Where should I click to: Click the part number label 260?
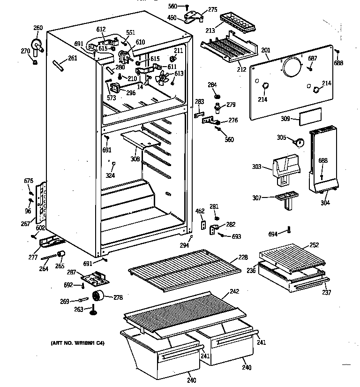pos(38,28)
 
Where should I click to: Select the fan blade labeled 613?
pos(162,78)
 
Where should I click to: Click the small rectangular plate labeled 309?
pos(310,116)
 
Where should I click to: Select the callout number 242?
pos(234,291)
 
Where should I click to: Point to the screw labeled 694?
pos(289,230)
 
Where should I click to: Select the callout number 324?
pos(111,176)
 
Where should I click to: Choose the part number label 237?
pos(327,293)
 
